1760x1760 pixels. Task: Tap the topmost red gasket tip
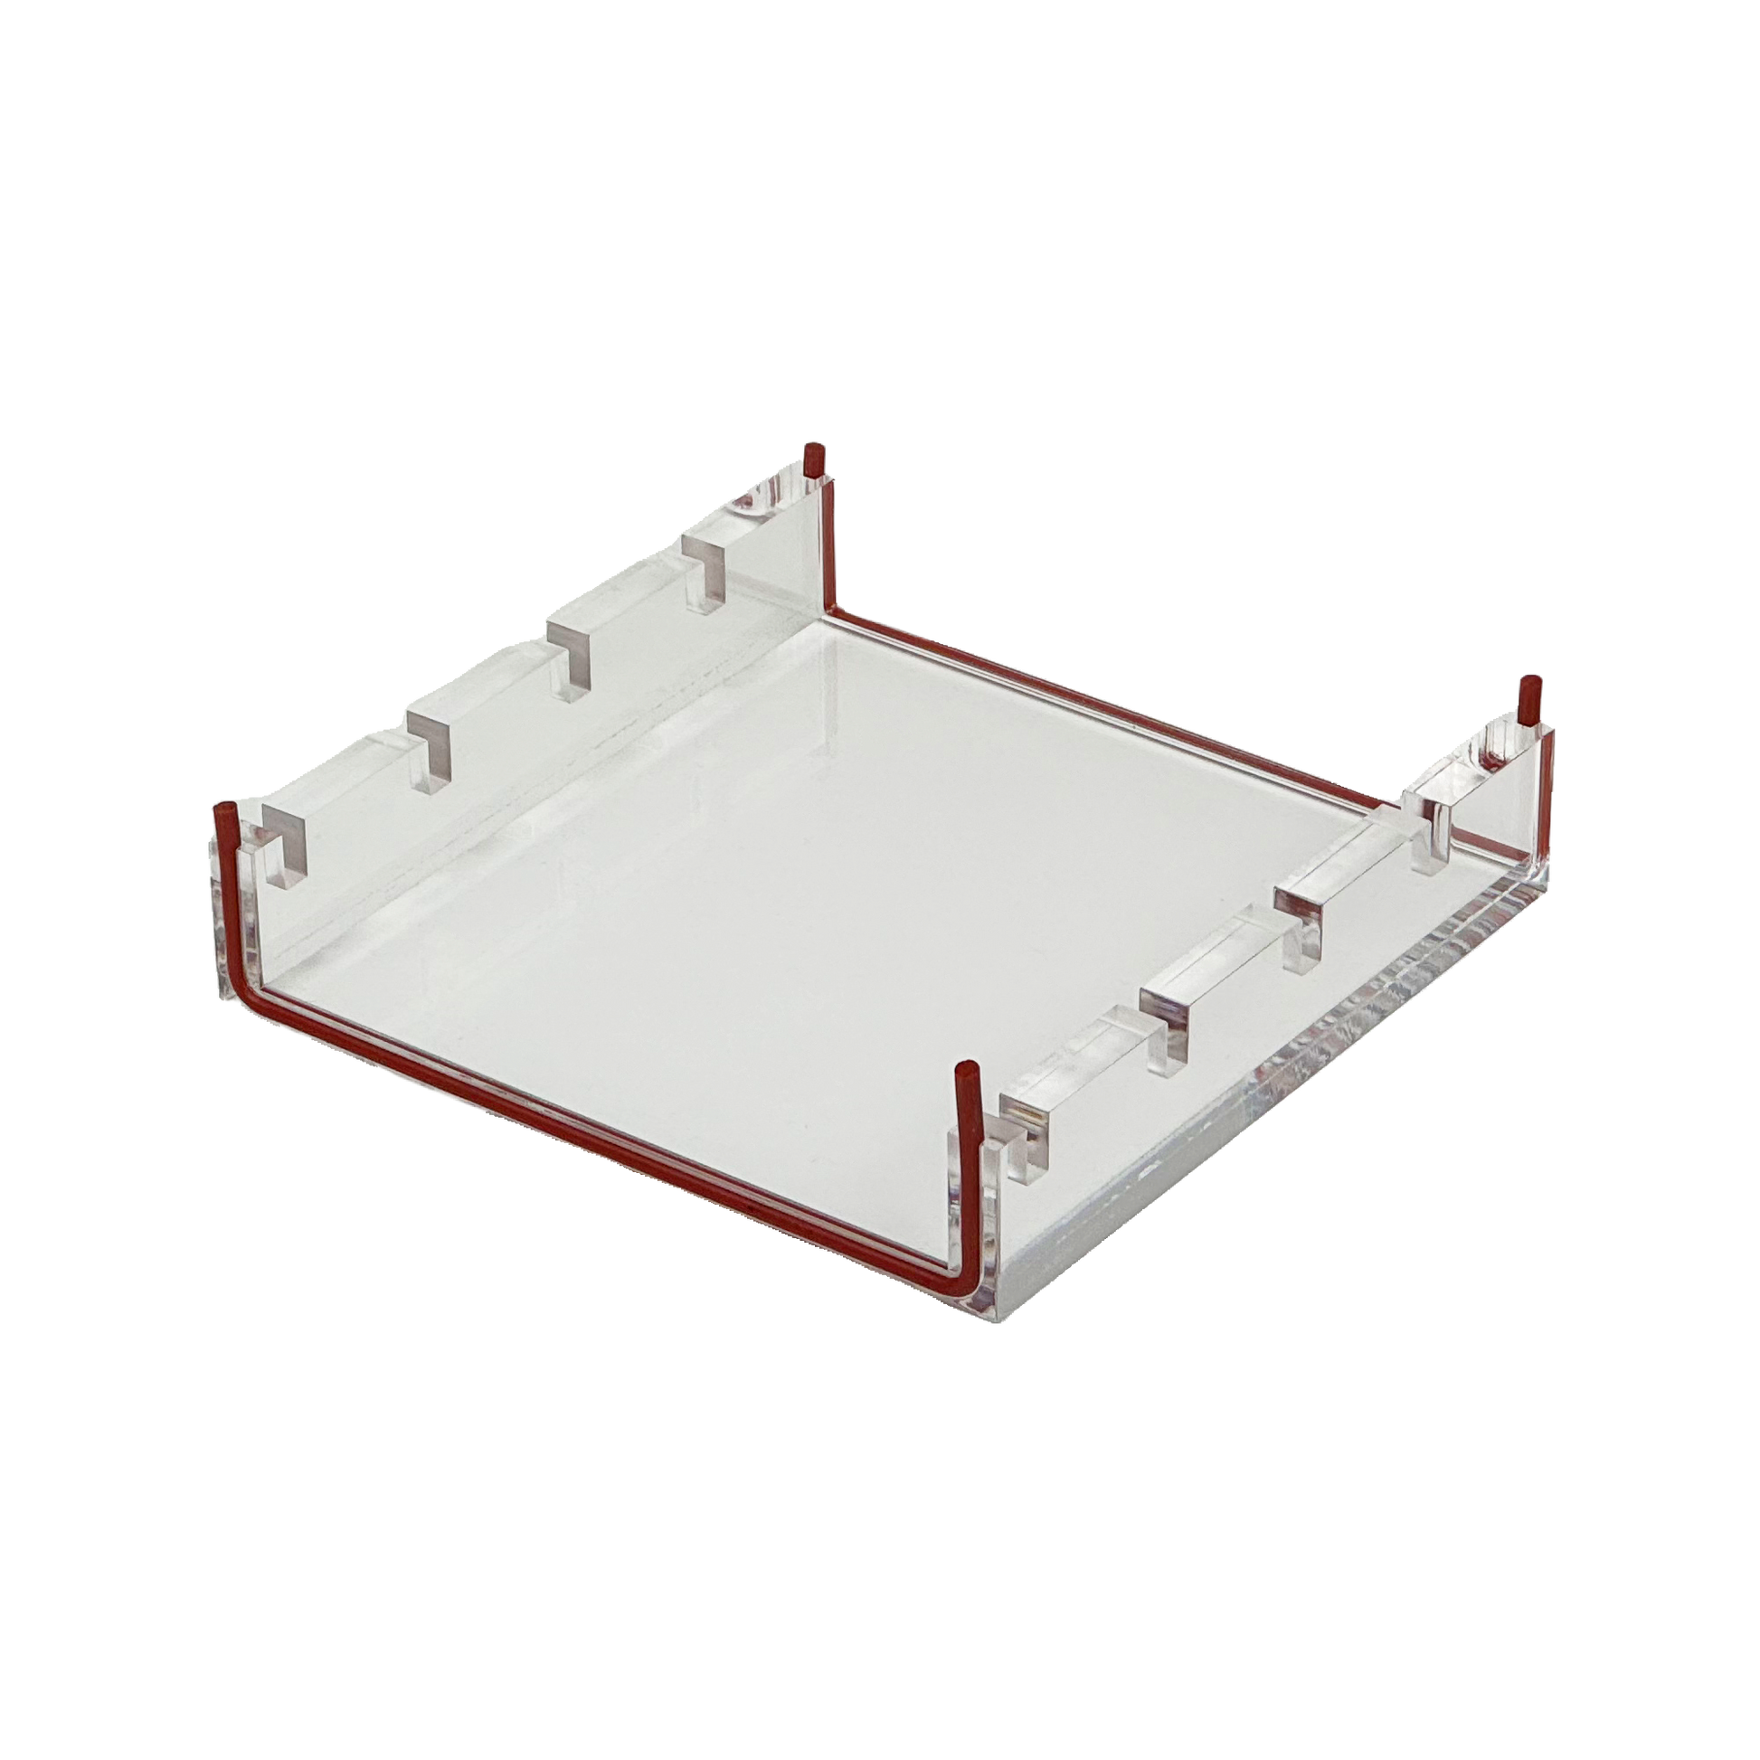[x=809, y=451]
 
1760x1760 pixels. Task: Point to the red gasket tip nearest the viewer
[x=963, y=1070]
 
